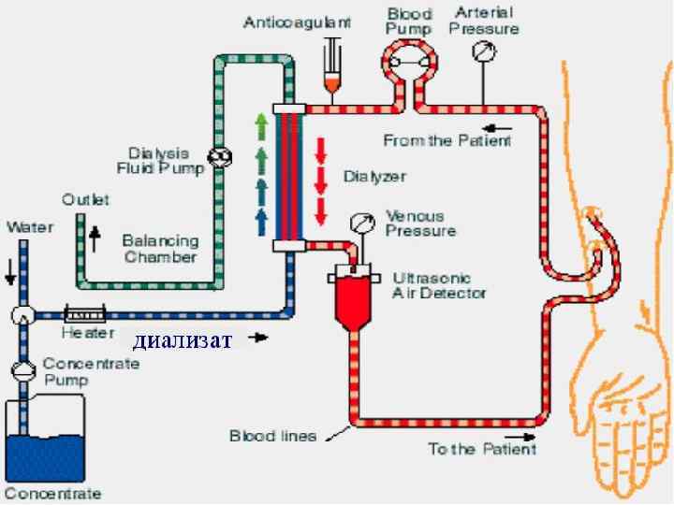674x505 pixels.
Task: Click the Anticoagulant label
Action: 297,22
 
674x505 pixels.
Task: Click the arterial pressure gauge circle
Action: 483,53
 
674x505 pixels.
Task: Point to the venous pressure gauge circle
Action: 359,223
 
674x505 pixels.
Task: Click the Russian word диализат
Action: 181,339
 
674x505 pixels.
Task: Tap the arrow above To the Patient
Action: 520,435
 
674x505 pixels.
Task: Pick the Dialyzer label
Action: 374,176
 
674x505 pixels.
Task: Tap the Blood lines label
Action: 272,436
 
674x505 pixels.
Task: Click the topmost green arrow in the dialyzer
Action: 260,124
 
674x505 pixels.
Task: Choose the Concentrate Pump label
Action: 91,372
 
